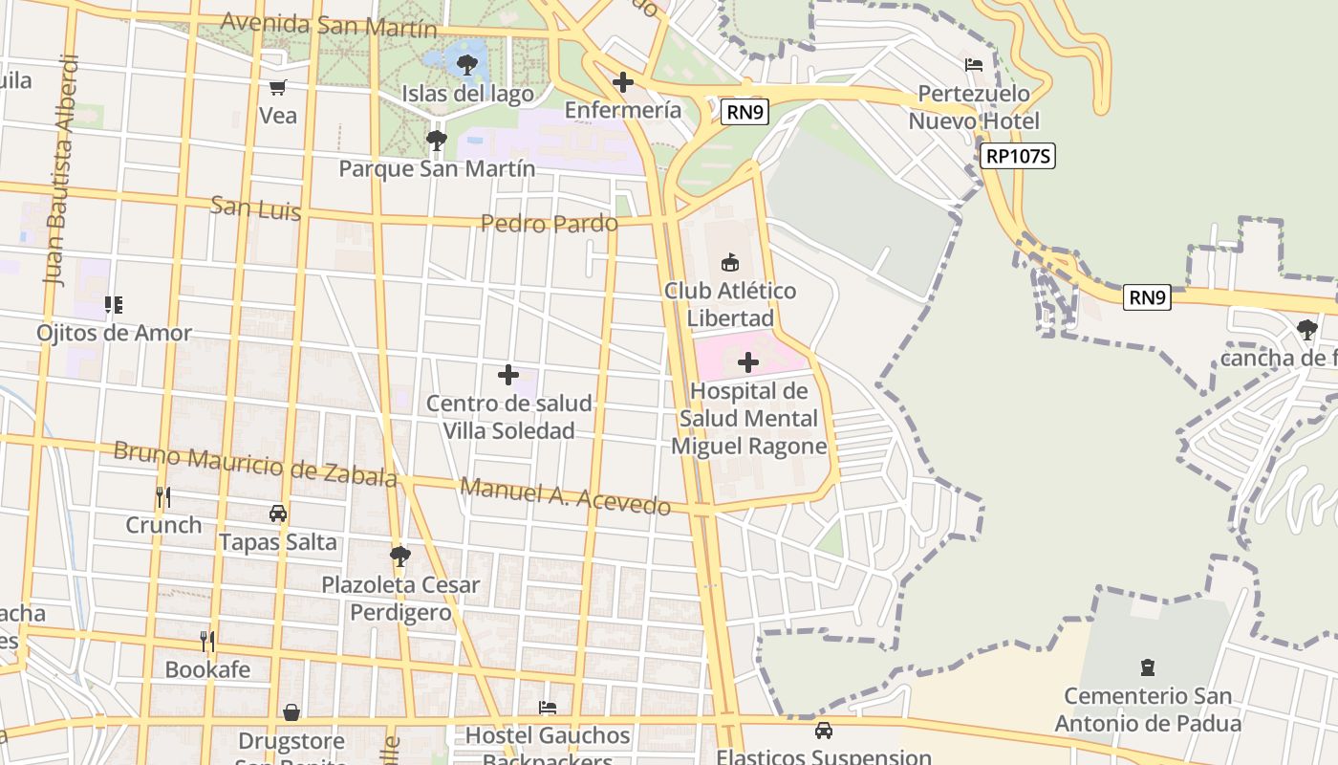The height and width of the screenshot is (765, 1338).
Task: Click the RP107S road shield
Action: pyautogui.click(x=1017, y=157)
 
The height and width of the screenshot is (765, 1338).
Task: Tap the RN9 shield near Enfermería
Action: pyautogui.click(x=745, y=113)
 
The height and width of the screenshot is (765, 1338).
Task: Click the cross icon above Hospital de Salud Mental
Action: pyautogui.click(x=748, y=362)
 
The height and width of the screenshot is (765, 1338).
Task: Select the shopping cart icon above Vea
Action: pyautogui.click(x=277, y=88)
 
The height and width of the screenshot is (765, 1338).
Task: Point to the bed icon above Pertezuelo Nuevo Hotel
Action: pyautogui.click(x=974, y=65)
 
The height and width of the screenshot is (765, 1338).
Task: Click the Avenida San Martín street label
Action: pyautogui.click(x=315, y=25)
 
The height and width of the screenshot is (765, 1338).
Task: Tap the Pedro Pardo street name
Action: pyautogui.click(x=549, y=224)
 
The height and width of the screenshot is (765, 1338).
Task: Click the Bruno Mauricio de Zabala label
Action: pyautogui.click(x=254, y=464)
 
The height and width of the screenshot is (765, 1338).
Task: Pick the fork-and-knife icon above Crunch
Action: pyautogui.click(x=163, y=497)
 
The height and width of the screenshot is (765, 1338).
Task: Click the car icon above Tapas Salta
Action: pyautogui.click(x=278, y=514)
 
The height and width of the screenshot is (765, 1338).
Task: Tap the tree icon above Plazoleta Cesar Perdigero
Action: pyautogui.click(x=400, y=556)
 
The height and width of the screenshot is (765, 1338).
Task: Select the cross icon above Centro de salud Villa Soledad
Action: pyautogui.click(x=508, y=375)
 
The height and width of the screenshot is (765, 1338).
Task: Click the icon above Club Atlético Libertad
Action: pyautogui.click(x=730, y=262)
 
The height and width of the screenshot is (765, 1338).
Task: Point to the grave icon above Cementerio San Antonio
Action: pyautogui.click(x=1148, y=667)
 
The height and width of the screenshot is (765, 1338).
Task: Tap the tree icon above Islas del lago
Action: pyautogui.click(x=467, y=65)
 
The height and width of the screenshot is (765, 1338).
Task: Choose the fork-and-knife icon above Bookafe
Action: pyautogui.click(x=207, y=641)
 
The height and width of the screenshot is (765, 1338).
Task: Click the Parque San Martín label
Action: pyautogui.click(x=437, y=168)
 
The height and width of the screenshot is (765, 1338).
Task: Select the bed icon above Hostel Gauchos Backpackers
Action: pyautogui.click(x=548, y=708)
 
